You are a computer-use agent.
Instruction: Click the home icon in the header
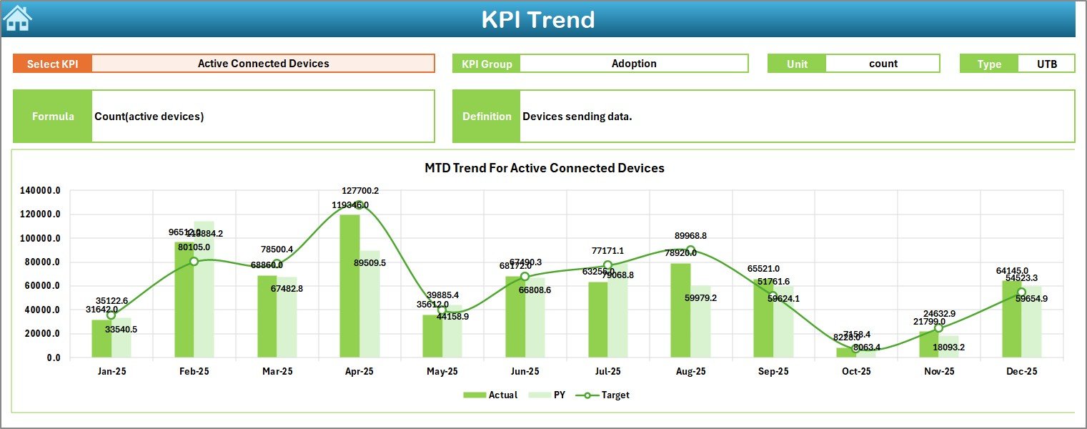(17, 19)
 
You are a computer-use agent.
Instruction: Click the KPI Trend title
(537, 19)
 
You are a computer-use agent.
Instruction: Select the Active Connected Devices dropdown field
(263, 64)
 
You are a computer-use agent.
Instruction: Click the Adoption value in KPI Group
(633, 64)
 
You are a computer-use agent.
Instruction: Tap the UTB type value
(1046, 64)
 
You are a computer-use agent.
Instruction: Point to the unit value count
(883, 64)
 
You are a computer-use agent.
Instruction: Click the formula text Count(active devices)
(149, 117)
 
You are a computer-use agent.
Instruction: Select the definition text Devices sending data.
(577, 117)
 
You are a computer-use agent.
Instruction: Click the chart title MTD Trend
(544, 168)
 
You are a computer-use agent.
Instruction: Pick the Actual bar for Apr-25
(349, 286)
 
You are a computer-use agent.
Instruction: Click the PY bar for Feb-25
(204, 290)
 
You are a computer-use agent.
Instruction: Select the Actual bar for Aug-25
(680, 310)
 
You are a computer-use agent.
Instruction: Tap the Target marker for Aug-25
(690, 250)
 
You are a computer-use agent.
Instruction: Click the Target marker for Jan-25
(111, 315)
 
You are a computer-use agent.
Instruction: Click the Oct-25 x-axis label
(856, 372)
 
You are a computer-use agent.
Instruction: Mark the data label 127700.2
(370, 191)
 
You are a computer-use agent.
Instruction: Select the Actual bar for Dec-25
(1011, 319)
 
